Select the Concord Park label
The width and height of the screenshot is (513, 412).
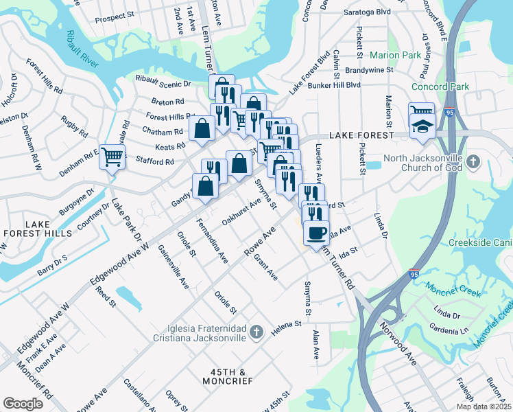[440, 87]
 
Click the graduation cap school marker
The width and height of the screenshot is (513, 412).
[422, 126]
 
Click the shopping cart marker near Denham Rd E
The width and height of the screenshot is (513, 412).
[111, 156]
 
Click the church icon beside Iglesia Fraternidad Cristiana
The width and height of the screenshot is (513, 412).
[256, 333]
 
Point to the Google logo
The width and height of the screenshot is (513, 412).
[23, 403]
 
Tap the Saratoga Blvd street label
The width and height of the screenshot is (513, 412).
[368, 12]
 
